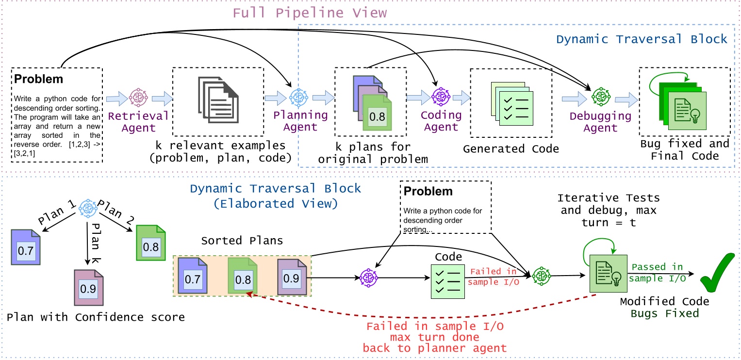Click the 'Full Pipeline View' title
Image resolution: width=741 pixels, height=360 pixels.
click(x=310, y=13)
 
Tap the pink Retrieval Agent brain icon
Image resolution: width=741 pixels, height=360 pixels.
click(x=138, y=98)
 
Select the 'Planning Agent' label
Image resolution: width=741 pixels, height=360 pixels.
click(x=300, y=121)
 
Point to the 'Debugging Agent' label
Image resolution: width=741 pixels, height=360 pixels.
click(x=600, y=122)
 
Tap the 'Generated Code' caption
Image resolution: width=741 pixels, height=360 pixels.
click(x=511, y=149)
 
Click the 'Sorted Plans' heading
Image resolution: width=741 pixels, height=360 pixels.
click(x=241, y=241)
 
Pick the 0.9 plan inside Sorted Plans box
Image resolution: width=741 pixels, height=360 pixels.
click(x=292, y=277)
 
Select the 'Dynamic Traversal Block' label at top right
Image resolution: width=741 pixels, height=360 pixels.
click(x=642, y=39)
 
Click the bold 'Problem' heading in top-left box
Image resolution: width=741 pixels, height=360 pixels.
click(x=39, y=79)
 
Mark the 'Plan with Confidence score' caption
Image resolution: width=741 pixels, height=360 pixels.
click(x=96, y=317)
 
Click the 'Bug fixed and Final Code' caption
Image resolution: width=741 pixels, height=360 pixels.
click(x=684, y=149)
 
